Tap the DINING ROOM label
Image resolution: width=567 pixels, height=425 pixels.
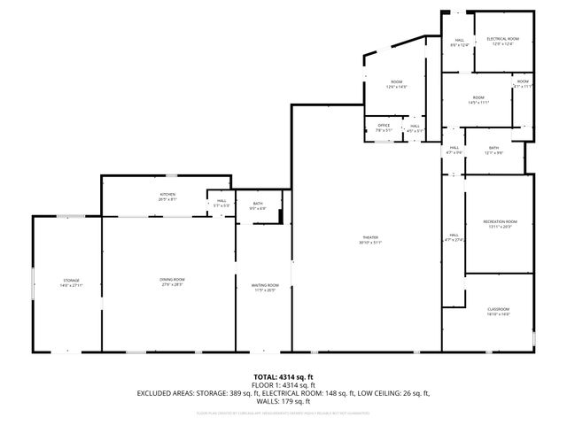tap(172, 281)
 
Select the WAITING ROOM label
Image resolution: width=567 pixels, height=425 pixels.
tap(266, 286)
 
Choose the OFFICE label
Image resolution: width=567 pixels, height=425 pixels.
tap(384, 127)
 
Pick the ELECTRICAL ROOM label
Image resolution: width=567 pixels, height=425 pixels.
tap(502, 39)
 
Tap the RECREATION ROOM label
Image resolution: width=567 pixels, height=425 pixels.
tap(500, 221)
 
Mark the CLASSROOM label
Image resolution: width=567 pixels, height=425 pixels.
tap(499, 309)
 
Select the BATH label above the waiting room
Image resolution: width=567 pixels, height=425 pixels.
tap(258, 205)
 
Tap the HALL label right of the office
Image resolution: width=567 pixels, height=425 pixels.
tap(415, 127)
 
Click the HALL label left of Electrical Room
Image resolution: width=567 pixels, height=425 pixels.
tap(460, 41)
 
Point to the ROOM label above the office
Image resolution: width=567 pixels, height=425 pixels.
tap(396, 83)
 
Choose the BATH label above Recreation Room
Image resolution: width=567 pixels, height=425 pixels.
tap(493, 149)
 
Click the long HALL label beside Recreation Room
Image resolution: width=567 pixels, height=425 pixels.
tap(452, 236)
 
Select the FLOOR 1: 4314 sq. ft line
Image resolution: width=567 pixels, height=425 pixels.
tap(283, 385)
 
